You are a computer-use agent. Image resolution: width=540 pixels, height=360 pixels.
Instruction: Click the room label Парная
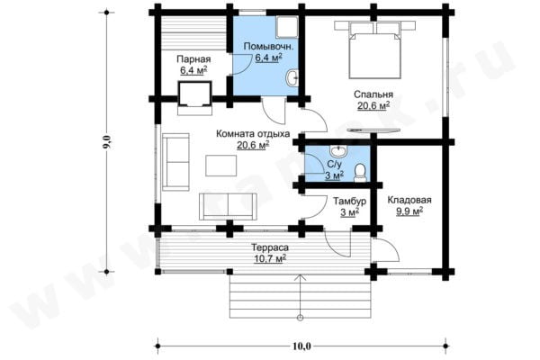[193, 59]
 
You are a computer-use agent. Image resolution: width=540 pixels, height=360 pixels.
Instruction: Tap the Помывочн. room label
[268, 46]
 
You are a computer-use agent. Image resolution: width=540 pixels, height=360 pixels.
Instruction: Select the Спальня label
[373, 94]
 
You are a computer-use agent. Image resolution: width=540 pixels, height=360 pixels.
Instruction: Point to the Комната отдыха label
[253, 134]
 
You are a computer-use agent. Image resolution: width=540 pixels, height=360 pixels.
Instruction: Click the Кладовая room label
[409, 200]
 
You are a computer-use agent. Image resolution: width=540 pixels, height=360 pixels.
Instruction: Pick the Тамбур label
[349, 201]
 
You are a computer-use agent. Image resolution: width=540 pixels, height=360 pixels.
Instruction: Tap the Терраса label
[270, 247]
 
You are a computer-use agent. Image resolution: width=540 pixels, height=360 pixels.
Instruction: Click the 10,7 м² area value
[270, 258]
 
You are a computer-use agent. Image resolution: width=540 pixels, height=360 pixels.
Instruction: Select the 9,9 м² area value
[409, 211]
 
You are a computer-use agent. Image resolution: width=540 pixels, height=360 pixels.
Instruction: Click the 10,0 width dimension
[301, 346]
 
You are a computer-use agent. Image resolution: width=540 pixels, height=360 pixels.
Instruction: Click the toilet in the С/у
[360, 173]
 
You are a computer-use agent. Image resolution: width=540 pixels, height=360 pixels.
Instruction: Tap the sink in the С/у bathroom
[339, 150]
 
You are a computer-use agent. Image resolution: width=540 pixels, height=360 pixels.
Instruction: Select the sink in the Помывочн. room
[292, 77]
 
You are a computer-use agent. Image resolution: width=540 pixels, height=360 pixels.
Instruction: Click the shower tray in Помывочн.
[286, 27]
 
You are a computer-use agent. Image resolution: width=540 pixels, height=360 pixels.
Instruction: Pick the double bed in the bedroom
[374, 50]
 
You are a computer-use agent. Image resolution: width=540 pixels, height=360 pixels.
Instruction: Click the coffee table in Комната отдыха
[221, 166]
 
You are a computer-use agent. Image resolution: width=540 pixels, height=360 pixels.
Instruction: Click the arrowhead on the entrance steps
[301, 277]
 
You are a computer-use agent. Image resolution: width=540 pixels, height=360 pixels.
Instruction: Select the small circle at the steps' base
[301, 318]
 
